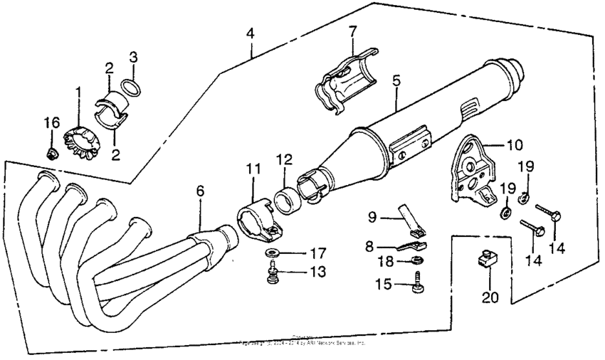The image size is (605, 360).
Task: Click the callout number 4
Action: [249, 32]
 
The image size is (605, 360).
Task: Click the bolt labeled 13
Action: [272, 273]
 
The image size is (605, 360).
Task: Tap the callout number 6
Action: [201, 191]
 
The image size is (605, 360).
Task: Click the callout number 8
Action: [369, 245]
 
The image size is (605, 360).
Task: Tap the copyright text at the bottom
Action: [302, 342]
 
